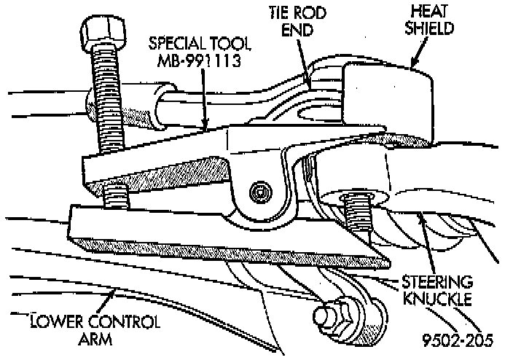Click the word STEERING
pos(438,281)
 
